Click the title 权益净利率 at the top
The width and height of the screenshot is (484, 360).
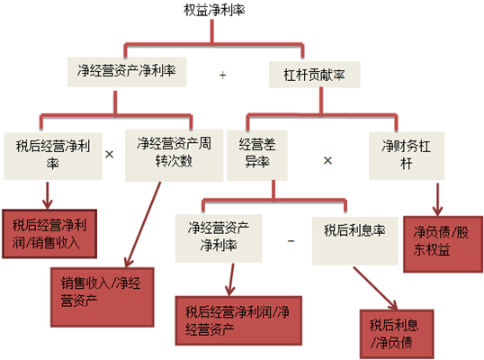click(x=214, y=10)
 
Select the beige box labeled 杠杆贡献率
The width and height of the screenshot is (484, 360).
click(x=315, y=75)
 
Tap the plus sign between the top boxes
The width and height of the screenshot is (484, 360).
click(x=222, y=75)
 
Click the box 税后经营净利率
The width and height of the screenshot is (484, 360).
click(x=53, y=156)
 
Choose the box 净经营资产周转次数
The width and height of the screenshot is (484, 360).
click(x=175, y=156)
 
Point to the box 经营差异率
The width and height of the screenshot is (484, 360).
click(x=257, y=156)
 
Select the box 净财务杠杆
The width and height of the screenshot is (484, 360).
click(x=407, y=156)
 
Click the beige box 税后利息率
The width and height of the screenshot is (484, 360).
click(x=355, y=240)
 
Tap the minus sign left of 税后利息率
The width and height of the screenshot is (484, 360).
click(x=291, y=241)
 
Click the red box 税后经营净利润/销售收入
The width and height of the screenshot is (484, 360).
click(x=49, y=234)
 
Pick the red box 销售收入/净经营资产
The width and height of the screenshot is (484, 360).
click(x=103, y=297)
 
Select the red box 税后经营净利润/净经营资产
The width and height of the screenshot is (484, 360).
click(x=238, y=320)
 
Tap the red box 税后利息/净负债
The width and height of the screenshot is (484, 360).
click(x=397, y=334)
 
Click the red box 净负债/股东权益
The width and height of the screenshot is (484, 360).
click(x=443, y=244)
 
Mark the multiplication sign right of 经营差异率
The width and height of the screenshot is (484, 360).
click(x=327, y=160)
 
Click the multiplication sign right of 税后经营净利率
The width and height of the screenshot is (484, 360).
click(x=109, y=154)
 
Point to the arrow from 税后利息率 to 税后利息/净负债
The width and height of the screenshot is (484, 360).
click(x=375, y=288)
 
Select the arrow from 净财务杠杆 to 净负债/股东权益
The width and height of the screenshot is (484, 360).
click(x=437, y=200)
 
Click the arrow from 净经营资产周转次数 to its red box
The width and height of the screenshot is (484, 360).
click(x=144, y=224)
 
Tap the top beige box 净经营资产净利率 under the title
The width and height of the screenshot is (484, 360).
click(x=127, y=72)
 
